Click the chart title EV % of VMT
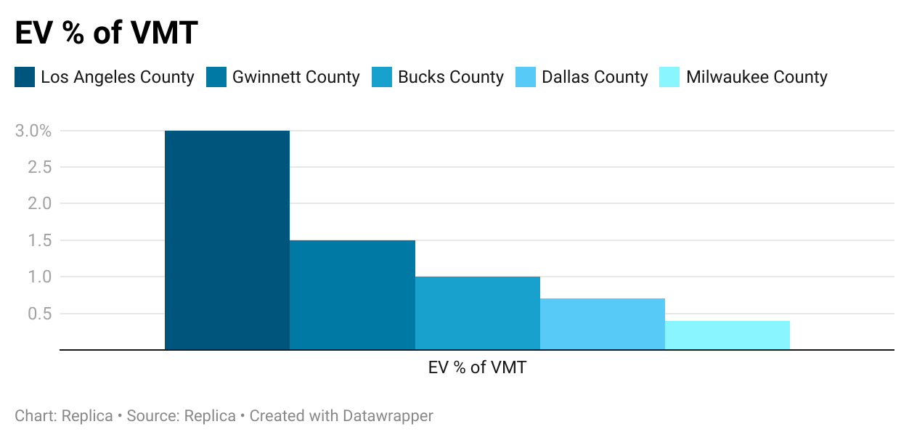[107, 33]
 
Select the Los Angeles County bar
[227, 240]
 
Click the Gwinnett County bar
[352, 295]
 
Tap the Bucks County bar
[477, 313]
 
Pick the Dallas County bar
[602, 324]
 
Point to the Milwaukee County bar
[727, 335]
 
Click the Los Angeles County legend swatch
[25, 77]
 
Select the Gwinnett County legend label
[295, 77]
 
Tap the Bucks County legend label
[450, 77]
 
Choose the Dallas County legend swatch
[526, 77]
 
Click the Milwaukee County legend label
[757, 77]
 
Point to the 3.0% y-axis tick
[33, 131]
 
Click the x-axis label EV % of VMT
[477, 367]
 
